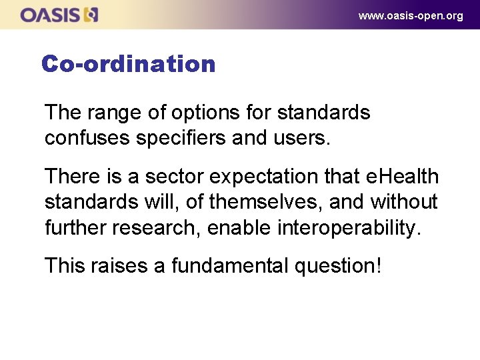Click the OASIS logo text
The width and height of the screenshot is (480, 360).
pos(51,15)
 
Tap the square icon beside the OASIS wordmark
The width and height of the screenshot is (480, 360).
pos(91,15)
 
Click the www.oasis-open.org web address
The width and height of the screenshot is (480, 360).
pos(410,15)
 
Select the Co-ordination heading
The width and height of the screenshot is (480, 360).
pos(128,64)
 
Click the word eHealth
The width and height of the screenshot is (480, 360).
pos(403,177)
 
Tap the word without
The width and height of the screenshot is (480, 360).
pos(405,202)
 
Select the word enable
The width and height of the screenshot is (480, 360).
pos(239,227)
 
